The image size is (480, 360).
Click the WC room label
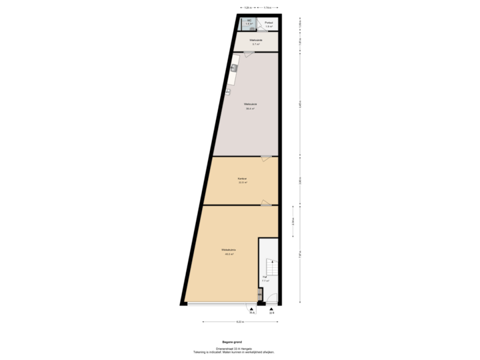249,21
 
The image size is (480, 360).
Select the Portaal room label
268,24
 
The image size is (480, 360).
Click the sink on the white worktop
234,67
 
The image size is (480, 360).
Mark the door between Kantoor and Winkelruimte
266,203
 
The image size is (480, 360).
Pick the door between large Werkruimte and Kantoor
266,158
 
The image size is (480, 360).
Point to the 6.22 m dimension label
239,321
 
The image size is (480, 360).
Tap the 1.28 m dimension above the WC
247,7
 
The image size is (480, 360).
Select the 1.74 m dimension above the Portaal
267,7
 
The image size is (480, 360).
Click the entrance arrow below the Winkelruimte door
252,309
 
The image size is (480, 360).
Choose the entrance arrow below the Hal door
271,309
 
